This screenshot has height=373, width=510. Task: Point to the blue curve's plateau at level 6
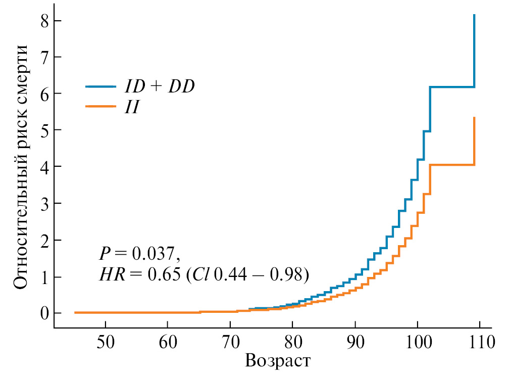tap(452, 87)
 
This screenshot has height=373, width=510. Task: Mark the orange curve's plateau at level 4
tap(452, 165)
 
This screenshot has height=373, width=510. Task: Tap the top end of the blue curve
tap(474, 16)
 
